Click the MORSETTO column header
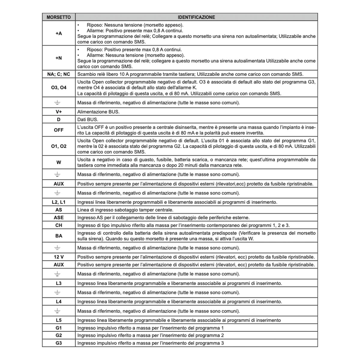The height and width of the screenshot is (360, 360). [58, 17]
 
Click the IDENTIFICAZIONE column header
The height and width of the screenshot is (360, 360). [196, 17]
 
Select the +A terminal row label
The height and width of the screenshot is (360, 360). [58, 33]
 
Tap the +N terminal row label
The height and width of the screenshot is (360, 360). [58, 58]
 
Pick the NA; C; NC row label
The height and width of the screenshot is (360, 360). [58, 74]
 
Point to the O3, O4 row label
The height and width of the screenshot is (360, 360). [58, 88]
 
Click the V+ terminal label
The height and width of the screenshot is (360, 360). [58, 112]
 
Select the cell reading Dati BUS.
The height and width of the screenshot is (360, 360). [88, 119]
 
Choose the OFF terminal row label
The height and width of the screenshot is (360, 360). [58, 130]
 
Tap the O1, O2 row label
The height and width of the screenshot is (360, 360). [58, 146]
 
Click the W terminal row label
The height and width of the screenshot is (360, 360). [58, 162]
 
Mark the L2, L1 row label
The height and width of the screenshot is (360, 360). [58, 202]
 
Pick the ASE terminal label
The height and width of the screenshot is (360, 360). [58, 217]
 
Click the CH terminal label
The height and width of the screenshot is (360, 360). [58, 225]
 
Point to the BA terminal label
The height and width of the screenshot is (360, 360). [58, 236]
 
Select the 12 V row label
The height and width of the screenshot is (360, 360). [58, 257]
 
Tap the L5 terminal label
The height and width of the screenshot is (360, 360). [58, 320]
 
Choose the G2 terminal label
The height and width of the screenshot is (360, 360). [58, 335]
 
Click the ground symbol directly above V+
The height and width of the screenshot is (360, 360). [57, 103]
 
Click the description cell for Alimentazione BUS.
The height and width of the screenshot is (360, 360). [98, 112]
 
